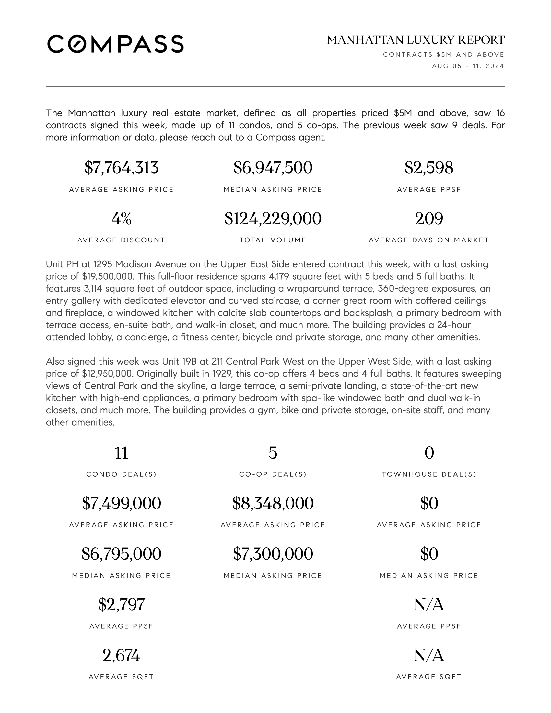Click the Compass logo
click(x=115, y=44)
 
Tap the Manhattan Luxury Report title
click(x=416, y=40)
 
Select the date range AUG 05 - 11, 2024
click(x=468, y=66)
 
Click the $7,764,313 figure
click(x=122, y=168)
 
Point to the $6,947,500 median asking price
click(x=273, y=168)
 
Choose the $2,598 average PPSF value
click(x=429, y=168)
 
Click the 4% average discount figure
click(x=122, y=218)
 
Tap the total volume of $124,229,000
click(x=273, y=218)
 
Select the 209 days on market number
click(x=429, y=218)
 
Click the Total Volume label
click(x=273, y=240)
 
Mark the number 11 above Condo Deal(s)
click(x=122, y=453)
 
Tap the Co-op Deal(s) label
click(x=273, y=474)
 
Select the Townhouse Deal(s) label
click(x=429, y=474)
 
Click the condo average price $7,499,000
click(x=122, y=503)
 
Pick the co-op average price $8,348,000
click(x=273, y=503)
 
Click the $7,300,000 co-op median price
click(x=273, y=554)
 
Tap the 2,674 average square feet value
click(x=122, y=655)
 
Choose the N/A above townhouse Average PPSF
click(x=429, y=605)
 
